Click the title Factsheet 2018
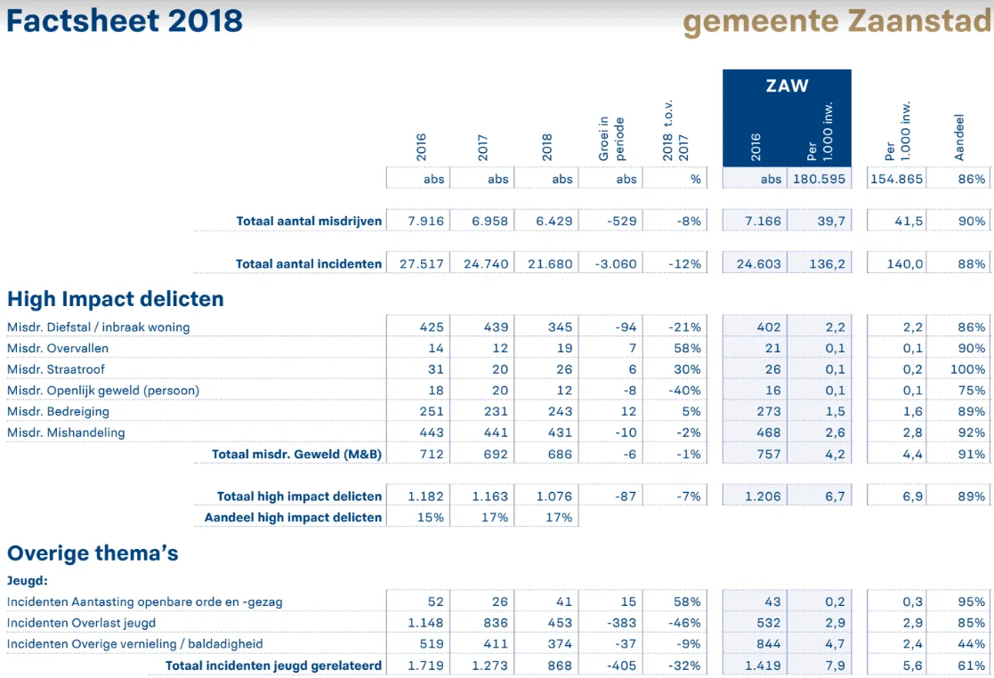click(x=125, y=20)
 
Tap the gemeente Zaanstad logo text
click(x=836, y=21)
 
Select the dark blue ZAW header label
click(x=787, y=86)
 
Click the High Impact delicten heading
click(x=116, y=299)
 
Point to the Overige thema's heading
click(x=93, y=553)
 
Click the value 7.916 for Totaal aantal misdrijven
click(x=425, y=221)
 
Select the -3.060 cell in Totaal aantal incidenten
click(x=612, y=263)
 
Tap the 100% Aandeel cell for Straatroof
click(x=967, y=369)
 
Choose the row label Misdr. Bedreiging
click(x=58, y=412)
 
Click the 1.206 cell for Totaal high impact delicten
click(x=763, y=496)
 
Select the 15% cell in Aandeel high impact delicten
click(x=430, y=517)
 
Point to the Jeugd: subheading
click(x=27, y=581)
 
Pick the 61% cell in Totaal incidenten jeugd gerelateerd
click(x=972, y=665)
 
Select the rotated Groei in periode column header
click(x=611, y=138)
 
